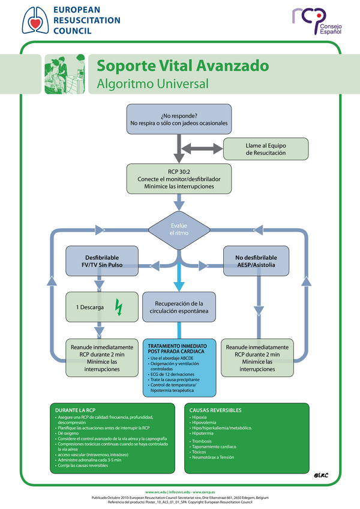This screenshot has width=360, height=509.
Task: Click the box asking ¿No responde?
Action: coord(179,119)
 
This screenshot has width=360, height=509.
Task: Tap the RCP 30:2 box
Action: coord(179,179)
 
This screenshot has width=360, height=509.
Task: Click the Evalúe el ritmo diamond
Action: coord(179,228)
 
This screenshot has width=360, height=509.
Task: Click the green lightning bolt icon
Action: coord(118,307)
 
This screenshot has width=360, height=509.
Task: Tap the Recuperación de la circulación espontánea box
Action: coord(179,307)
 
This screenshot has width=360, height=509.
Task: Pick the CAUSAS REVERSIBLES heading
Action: coord(215,410)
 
